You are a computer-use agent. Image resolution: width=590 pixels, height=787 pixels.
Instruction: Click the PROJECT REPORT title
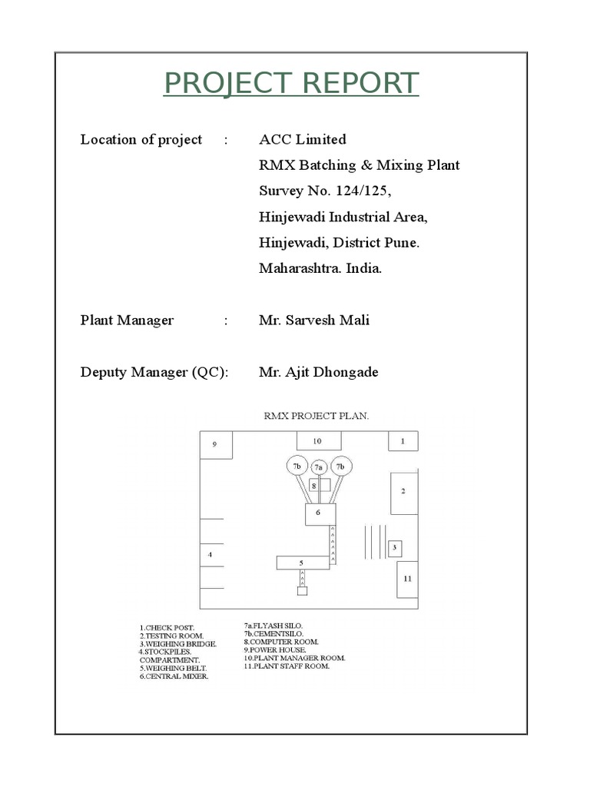coord(291,83)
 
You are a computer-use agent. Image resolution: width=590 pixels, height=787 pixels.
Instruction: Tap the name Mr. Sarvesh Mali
coord(313,320)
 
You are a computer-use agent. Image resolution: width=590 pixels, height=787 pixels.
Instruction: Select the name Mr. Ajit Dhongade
coord(318,373)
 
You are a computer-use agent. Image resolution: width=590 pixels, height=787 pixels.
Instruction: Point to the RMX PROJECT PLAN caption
coord(317,416)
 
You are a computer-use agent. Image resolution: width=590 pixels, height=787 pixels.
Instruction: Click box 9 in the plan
coord(216,444)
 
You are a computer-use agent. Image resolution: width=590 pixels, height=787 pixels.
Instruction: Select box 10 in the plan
coord(316,441)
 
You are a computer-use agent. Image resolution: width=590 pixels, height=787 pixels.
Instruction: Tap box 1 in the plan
coord(403,441)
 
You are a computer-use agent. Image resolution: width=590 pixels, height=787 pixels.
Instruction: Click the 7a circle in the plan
coord(319,467)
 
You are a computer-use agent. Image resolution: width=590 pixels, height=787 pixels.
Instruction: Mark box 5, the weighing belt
coord(302,563)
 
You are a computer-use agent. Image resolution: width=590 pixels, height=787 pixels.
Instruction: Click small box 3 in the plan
coord(394,548)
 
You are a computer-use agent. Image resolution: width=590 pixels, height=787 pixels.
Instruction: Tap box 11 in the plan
coord(407,579)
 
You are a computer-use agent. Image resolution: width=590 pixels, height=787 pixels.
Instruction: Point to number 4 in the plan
coord(210,554)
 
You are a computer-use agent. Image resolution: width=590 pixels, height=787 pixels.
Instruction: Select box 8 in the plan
coord(313,486)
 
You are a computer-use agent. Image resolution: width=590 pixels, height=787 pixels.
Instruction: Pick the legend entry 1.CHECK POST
coord(167,629)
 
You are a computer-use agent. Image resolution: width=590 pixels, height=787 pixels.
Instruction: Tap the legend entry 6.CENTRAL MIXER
coord(174,676)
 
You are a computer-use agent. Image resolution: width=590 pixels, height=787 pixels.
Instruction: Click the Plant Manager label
coord(127,320)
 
